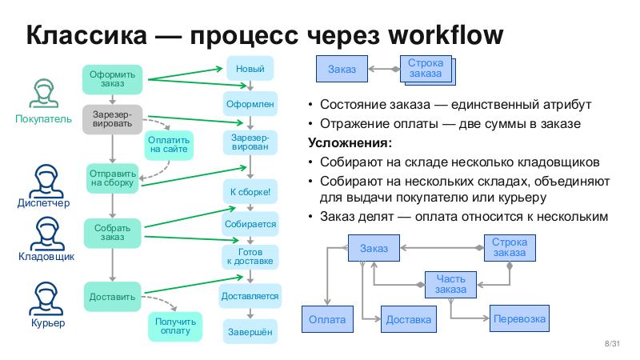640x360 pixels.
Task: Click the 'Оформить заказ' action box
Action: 113,79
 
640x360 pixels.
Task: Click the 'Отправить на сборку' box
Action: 113,177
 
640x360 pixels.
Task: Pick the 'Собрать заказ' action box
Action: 113,233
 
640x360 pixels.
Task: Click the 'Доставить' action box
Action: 113,297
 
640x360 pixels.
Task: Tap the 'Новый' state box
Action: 250,69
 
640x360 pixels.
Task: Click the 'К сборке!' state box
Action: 250,192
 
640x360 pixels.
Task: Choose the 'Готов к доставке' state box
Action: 250,256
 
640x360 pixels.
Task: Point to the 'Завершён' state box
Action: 250,331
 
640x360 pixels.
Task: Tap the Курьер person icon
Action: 43,300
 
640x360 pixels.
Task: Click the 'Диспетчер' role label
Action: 43,203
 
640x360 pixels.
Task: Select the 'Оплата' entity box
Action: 326,320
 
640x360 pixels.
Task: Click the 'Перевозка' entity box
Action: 520,319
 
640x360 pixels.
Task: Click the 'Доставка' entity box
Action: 408,320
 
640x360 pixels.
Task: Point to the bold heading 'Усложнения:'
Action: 350,143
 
